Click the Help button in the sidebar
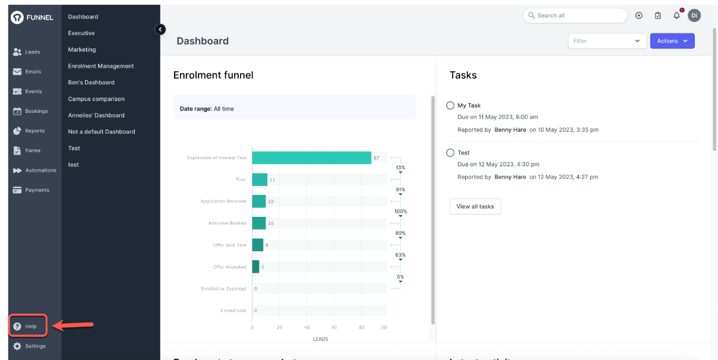27,326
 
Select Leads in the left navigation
27,52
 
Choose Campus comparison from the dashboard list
96,99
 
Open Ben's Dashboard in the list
91,83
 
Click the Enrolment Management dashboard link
101,66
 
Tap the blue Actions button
672,41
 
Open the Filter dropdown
607,41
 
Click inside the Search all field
579,15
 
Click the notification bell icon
676,15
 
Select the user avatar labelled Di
694,15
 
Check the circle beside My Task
450,106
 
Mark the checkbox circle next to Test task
450,153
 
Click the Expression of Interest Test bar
311,157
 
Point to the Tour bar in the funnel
260,179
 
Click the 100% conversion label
400,211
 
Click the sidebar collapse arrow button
160,29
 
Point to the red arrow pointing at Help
74,325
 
